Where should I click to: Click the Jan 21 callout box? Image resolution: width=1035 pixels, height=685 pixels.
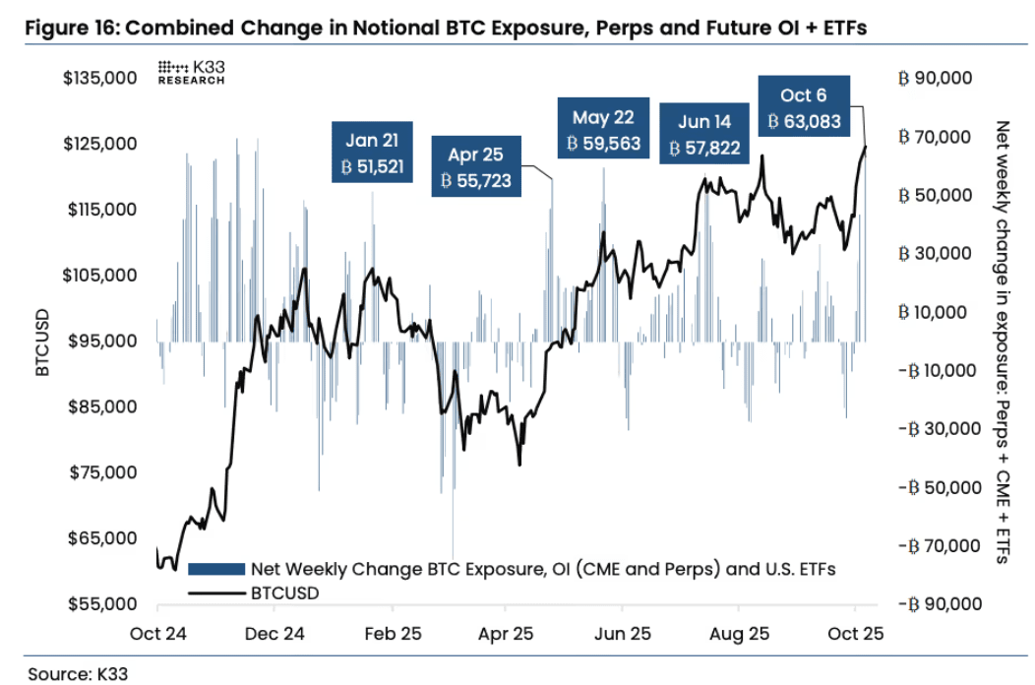372,153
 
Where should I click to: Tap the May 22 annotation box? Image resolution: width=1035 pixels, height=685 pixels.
603,130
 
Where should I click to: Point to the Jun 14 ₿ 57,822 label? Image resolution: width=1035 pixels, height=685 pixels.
704,135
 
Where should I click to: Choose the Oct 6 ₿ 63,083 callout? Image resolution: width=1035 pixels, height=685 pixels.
803,108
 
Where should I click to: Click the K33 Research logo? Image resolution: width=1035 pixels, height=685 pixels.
191,72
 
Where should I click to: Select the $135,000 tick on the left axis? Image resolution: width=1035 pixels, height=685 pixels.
98,78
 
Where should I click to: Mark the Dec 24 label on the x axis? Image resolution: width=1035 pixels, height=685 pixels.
275,634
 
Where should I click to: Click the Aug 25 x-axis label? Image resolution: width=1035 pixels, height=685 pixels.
739,634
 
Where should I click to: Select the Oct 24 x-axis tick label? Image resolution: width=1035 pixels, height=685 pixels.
157,634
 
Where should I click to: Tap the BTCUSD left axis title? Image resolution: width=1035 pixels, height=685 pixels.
41,342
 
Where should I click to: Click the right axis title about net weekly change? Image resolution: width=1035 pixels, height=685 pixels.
1003,342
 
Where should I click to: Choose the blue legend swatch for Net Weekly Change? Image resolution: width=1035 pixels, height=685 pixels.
216,569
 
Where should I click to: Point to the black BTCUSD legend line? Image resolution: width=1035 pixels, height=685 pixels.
216,593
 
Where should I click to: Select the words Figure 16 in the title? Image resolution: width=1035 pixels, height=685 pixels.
69,28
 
